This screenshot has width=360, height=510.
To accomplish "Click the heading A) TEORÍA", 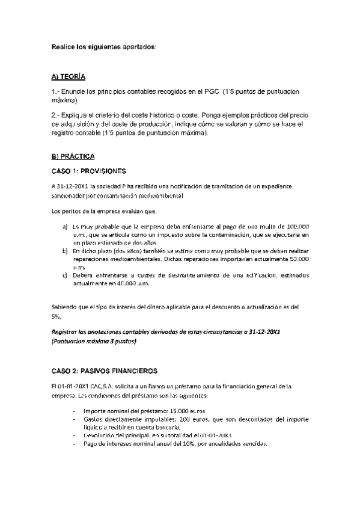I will tap(69, 77).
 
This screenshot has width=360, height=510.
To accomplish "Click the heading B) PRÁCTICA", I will tap(73, 156).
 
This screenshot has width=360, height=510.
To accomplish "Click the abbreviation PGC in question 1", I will tap(208, 92).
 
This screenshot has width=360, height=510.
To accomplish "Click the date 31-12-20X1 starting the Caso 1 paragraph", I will tap(72, 186).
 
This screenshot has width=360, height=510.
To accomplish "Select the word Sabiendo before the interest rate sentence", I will tap(66, 306).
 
